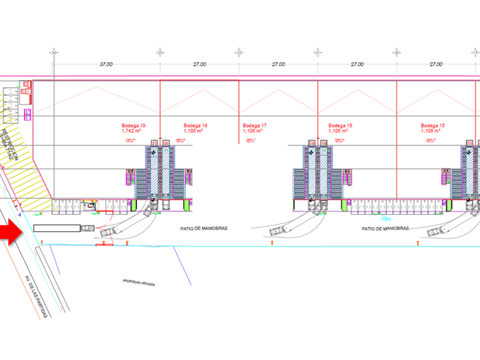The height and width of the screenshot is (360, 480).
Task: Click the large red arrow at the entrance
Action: [x=10, y=234]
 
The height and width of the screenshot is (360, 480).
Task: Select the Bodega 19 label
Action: [x=133, y=126]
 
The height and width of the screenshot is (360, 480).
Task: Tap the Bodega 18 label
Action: [x=195, y=126]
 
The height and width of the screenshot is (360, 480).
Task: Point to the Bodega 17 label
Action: [x=254, y=126]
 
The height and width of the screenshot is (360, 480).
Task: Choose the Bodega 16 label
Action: [x=340, y=126]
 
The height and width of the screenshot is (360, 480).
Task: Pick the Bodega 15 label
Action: [x=433, y=126]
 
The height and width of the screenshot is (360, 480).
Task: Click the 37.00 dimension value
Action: [x=106, y=65]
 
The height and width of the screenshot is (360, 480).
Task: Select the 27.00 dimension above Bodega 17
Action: [x=278, y=65]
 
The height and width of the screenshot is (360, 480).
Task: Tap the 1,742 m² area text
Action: [x=131, y=131]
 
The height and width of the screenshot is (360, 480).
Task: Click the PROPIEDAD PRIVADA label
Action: [x=139, y=282]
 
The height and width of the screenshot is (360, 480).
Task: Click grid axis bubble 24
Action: [x=53, y=52]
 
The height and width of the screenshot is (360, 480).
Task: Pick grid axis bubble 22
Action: [x=238, y=52]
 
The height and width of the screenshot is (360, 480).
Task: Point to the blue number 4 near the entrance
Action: [x=19, y=214]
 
